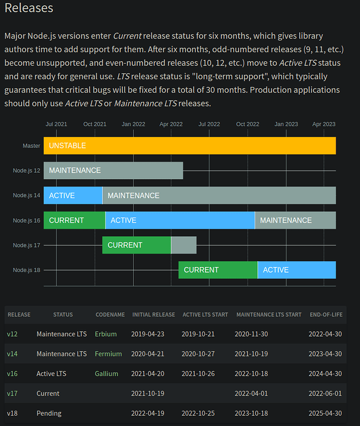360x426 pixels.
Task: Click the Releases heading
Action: pos(28,9)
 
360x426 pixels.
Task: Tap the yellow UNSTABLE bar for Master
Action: pos(190,145)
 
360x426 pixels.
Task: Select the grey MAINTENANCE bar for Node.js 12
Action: pos(113,170)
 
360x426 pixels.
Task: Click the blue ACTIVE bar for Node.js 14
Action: pos(73,195)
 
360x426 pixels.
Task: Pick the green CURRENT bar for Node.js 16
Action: pos(74,220)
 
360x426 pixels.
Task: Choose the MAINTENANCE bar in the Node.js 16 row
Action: pos(295,220)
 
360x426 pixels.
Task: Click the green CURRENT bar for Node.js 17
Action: pos(136,245)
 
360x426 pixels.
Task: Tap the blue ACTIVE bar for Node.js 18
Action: pos(296,270)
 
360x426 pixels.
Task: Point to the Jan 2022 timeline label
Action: pos(133,124)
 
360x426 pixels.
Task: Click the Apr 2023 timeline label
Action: pos(324,124)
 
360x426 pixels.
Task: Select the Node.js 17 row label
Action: pos(27,245)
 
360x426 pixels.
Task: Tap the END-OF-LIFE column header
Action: pos(325,315)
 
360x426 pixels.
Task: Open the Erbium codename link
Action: pos(106,334)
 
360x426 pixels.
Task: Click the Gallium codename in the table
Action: pos(107,374)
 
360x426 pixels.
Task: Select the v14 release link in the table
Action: pos(12,354)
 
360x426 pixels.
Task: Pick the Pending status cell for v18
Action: pos(49,414)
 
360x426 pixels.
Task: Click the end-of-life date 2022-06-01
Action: pos(325,394)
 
